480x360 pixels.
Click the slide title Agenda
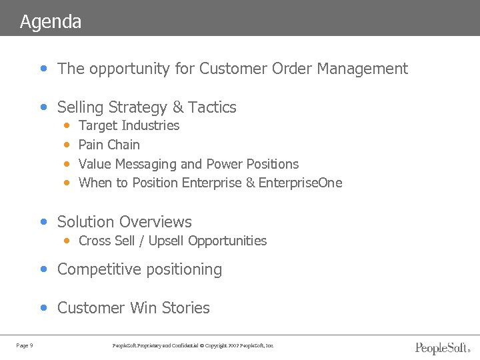pyautogui.click(x=51, y=22)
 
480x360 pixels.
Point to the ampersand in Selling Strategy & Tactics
pyautogui.click(x=177, y=107)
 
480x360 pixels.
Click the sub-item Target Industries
pyautogui.click(x=129, y=125)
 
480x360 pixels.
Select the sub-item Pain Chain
pyautogui.click(x=109, y=145)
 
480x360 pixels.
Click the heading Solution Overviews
pyautogui.click(x=124, y=222)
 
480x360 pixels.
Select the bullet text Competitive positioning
pyautogui.click(x=139, y=269)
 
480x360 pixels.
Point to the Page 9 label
pyautogui.click(x=25, y=345)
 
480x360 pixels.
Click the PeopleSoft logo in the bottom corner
pyautogui.click(x=442, y=347)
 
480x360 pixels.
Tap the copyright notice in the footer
pyautogui.click(x=194, y=345)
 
